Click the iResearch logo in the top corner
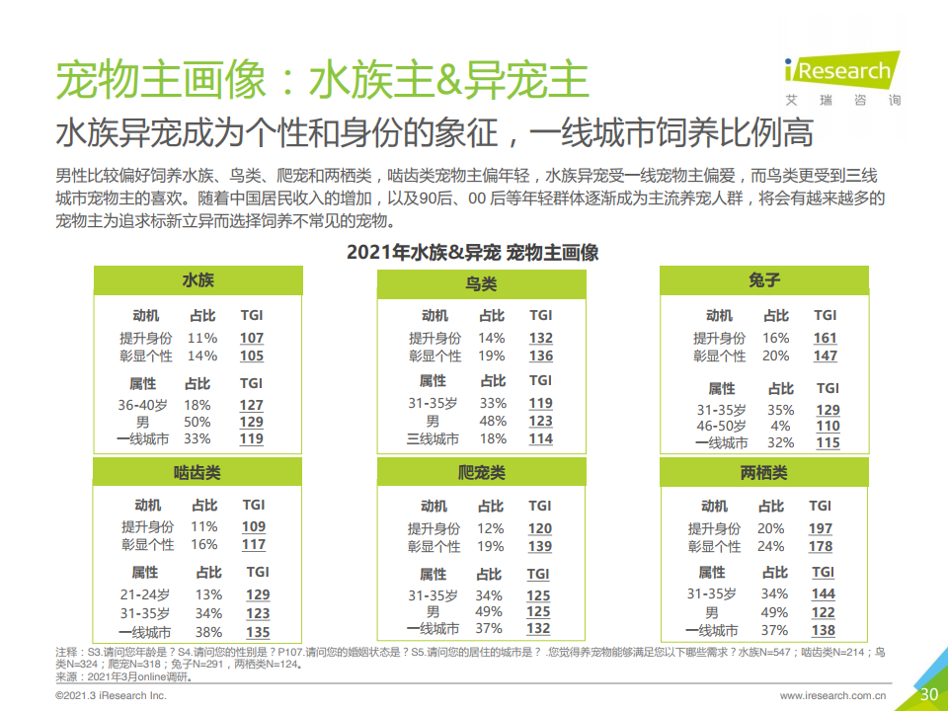(841, 72)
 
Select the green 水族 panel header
(197, 280)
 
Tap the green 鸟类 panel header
(481, 284)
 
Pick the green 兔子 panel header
(764, 280)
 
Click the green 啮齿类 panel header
(197, 472)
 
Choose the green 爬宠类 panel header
(481, 473)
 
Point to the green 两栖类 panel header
(764, 473)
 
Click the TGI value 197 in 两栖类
(820, 528)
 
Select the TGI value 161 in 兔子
(825, 338)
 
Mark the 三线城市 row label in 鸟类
(433, 438)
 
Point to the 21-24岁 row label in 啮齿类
(144, 594)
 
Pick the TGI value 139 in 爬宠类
(539, 546)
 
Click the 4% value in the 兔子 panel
(780, 427)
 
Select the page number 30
(928, 694)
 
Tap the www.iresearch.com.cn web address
(832, 696)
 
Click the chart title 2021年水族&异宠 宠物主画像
(472, 252)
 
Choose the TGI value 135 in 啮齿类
(258, 632)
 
